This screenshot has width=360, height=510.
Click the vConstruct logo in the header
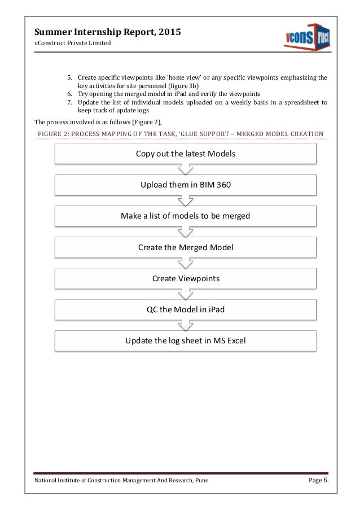tap(306, 37)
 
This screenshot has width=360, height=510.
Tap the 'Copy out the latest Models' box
tap(185, 154)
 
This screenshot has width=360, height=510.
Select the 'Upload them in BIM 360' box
tap(185, 185)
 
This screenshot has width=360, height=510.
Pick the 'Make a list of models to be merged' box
tap(185, 216)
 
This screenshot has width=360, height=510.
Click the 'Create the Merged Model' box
tap(185, 247)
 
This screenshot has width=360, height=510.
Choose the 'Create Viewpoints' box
tap(185, 278)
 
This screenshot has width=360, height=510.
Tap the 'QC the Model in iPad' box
tap(185, 310)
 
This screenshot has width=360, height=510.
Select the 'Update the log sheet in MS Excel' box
tap(185, 341)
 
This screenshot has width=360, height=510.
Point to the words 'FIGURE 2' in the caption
tap(52, 134)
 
